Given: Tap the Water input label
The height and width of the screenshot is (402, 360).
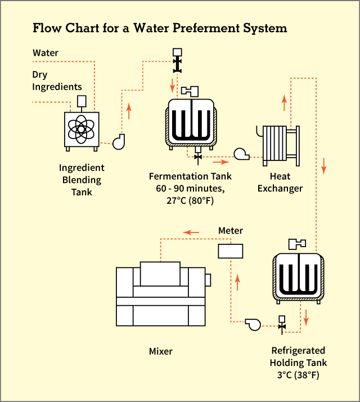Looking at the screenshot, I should [x=46, y=53].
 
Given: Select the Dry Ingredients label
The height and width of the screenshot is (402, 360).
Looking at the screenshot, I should [x=57, y=81].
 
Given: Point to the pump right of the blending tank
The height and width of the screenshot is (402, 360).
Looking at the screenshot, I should [x=119, y=142].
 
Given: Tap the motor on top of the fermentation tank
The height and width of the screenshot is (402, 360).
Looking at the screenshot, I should [x=191, y=90].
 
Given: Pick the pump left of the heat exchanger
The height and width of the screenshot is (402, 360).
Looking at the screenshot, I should [x=241, y=153].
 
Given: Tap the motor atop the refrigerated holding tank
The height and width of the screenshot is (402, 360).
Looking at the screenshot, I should [x=297, y=244].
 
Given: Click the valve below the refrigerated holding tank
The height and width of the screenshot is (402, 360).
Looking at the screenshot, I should [x=282, y=325].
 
